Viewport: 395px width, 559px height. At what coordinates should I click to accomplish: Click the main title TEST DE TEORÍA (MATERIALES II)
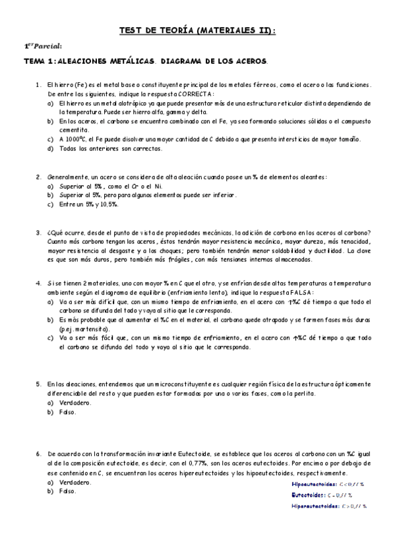[x=197, y=30]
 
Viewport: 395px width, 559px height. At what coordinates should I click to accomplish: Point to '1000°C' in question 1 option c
[x=73, y=139]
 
